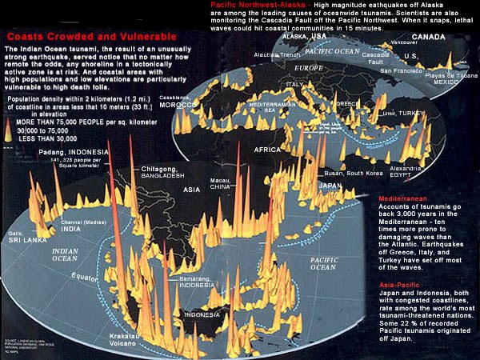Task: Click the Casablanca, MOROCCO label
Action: coord(177,102)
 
